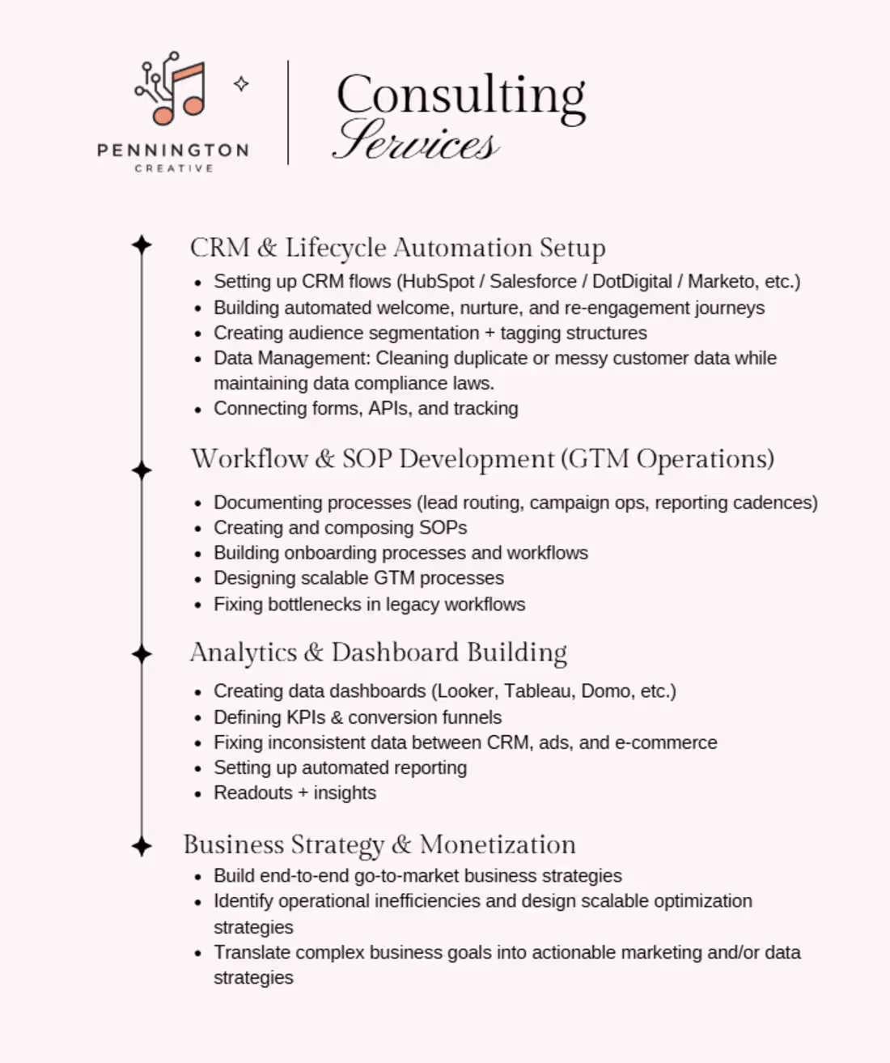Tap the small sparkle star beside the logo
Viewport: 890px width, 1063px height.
241,83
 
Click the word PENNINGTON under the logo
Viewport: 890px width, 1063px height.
172,151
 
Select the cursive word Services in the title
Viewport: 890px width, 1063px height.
416,141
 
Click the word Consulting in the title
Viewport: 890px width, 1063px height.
460,96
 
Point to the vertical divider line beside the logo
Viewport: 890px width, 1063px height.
288,113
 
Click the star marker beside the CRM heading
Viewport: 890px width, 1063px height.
142,244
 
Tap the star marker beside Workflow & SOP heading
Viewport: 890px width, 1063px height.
142,470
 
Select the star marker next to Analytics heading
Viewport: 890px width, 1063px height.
142,654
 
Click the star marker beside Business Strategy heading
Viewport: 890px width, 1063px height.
142,847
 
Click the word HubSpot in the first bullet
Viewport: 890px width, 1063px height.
438,282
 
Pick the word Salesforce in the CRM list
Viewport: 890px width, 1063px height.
533,282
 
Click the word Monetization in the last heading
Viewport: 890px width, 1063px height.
498,844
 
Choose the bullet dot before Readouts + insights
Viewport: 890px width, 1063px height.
198,794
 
